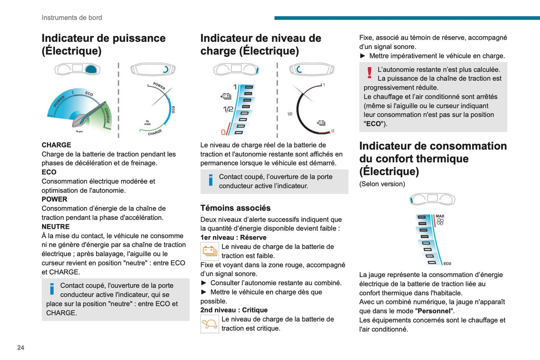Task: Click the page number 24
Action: click(x=21, y=348)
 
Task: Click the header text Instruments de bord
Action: click(x=72, y=18)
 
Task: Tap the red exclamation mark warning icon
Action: click(x=370, y=73)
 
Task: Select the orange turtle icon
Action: click(x=210, y=324)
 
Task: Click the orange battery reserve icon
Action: click(x=210, y=251)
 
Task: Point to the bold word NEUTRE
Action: click(x=56, y=227)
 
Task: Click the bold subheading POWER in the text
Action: click(x=55, y=199)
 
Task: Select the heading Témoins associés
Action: click(x=235, y=208)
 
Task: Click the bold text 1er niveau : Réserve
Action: click(x=234, y=237)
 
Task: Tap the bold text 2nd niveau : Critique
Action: click(x=234, y=310)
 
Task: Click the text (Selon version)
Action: click(x=382, y=184)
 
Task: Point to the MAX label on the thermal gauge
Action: click(x=440, y=216)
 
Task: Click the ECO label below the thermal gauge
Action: click(x=447, y=264)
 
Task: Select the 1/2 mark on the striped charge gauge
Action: click(x=228, y=109)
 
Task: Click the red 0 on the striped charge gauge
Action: click(x=223, y=132)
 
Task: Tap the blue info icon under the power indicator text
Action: click(x=52, y=289)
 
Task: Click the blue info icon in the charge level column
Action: click(x=211, y=180)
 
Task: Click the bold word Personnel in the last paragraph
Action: click(x=434, y=311)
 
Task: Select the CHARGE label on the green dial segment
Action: click(x=107, y=116)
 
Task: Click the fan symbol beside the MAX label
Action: click(x=440, y=222)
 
